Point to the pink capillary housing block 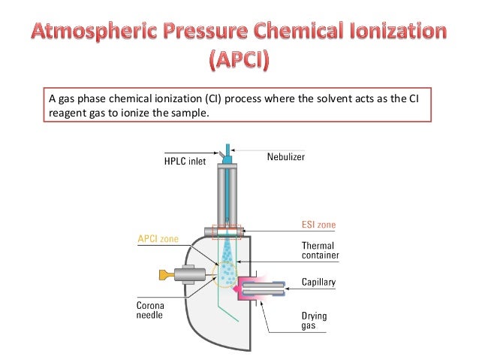click(248, 288)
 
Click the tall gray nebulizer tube click(227, 195)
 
